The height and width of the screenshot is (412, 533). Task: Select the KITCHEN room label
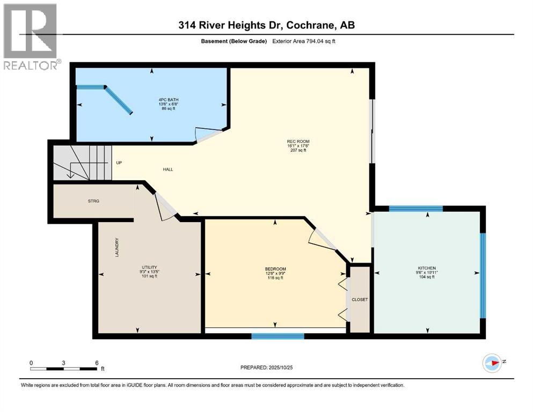coord(427,268)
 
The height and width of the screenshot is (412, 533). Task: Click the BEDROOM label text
coord(275,269)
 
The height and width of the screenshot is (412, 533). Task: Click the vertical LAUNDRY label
coord(116,247)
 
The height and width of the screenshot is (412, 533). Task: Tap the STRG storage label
coord(94,201)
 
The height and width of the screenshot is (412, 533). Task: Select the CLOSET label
coord(360,299)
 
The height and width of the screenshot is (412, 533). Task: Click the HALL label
coord(168,170)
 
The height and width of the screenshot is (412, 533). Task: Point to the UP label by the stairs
coord(119,163)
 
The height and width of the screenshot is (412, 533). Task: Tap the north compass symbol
coord(492,363)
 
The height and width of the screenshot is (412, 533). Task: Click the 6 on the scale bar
coord(96,363)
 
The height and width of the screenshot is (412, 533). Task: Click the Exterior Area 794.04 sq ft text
coord(305,41)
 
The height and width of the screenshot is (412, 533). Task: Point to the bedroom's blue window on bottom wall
coord(278,336)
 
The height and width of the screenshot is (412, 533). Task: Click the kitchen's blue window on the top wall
coord(415,209)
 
